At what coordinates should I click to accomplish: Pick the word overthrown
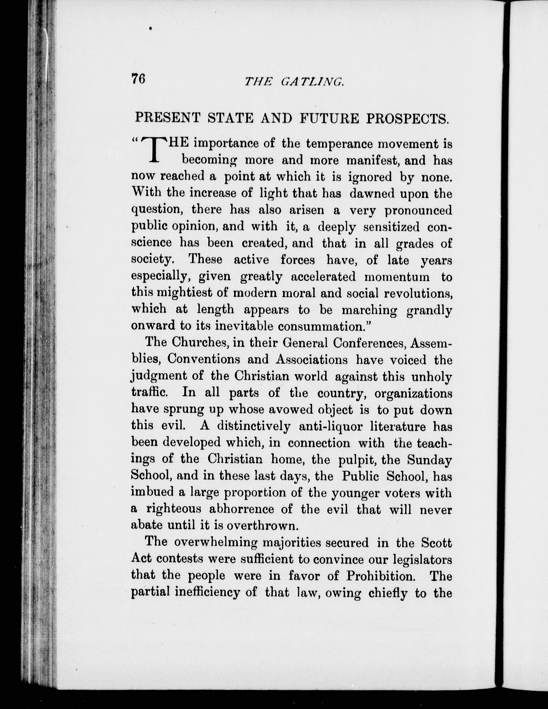(x=261, y=526)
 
